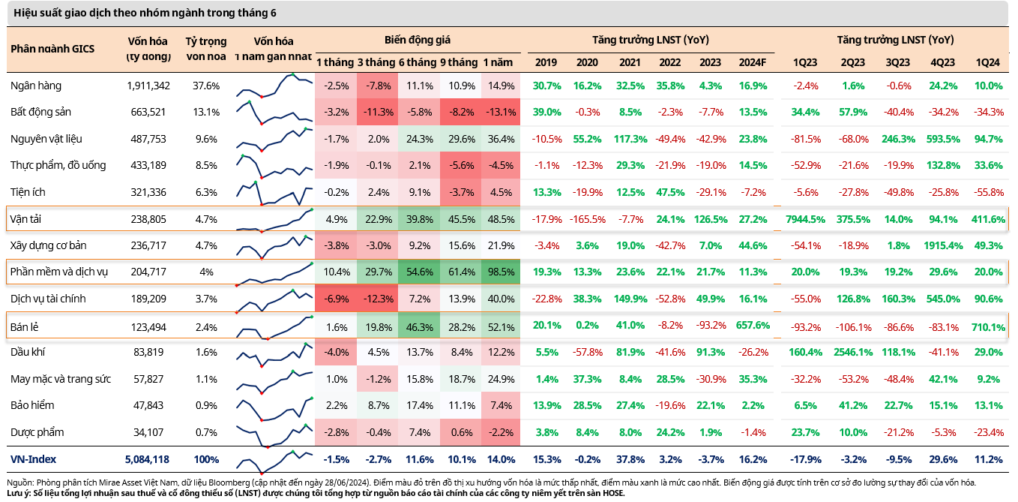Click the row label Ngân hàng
pos(36,86)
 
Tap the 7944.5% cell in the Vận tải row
pos(805,219)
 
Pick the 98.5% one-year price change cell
pos(499,272)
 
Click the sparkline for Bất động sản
pos(274,113)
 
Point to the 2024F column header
pos(752,62)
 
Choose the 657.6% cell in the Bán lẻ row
pos(752,326)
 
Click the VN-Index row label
pos(33,459)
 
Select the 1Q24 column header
pos(988,62)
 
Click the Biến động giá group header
pos(417,40)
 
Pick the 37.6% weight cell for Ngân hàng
pos(205,86)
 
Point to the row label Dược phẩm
pos(37,432)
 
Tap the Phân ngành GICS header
pos(52,49)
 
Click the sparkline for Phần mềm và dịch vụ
pos(274,272)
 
